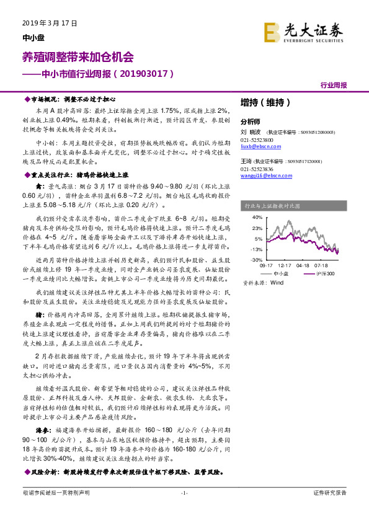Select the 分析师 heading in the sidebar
[250, 122]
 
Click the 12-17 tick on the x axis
[285, 266]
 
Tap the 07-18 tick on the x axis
[321, 266]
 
